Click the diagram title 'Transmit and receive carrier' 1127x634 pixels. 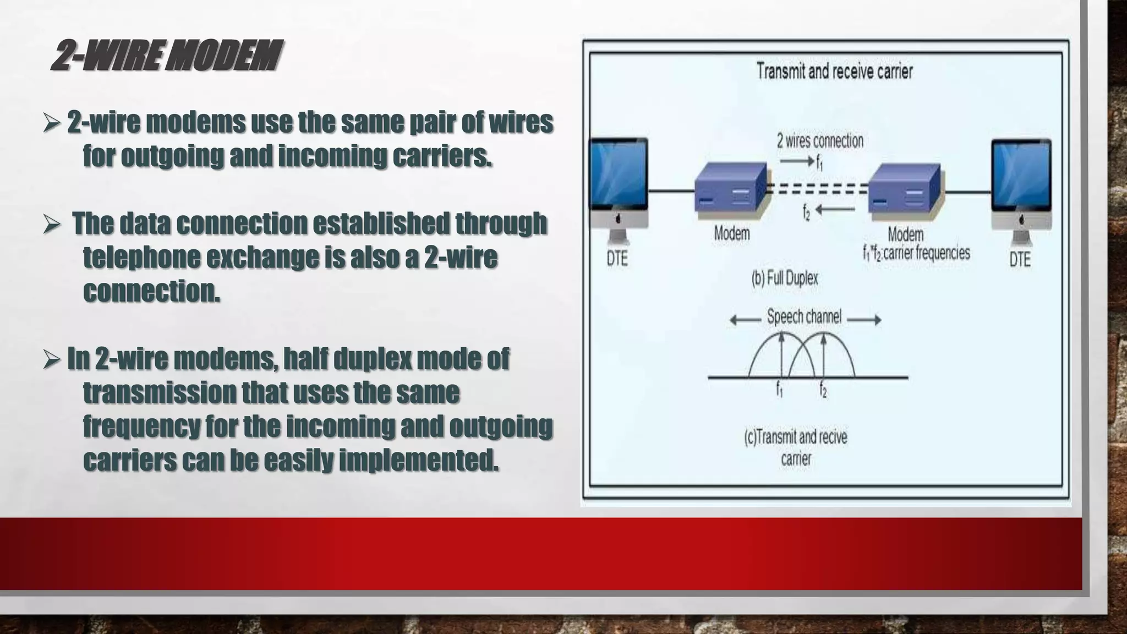(834, 72)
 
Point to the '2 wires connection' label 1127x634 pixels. (820, 141)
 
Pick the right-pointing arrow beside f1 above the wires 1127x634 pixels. (796, 161)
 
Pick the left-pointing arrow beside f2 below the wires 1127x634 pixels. (835, 210)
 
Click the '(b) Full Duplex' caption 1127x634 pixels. (785, 278)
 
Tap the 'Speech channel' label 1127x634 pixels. (804, 317)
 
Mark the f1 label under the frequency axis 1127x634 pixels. (780, 390)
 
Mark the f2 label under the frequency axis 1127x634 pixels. (823, 390)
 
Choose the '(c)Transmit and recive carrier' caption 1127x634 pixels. (796, 447)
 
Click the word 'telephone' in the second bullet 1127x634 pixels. (141, 258)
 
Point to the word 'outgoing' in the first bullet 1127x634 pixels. (171, 156)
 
